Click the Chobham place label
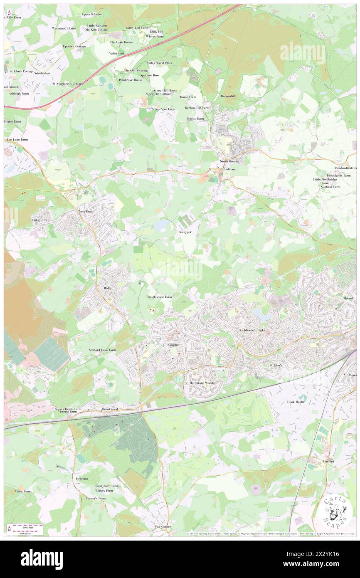(229, 170)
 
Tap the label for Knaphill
(173, 345)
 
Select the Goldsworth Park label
(252, 330)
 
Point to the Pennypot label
(185, 232)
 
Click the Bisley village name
(108, 288)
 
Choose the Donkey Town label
(40, 220)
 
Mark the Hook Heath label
(296, 402)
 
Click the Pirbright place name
(82, 479)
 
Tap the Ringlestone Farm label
(160, 297)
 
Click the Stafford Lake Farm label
(102, 350)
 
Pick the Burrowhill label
(228, 96)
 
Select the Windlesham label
(43, 73)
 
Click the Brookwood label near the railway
(110, 409)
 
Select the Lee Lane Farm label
(17, 140)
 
